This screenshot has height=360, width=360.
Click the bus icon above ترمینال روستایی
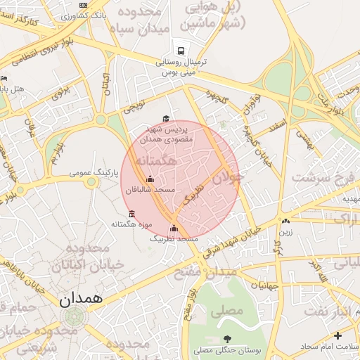click(180, 51)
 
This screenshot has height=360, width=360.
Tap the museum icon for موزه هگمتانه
click(131, 214)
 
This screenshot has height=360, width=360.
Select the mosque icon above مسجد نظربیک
click(174, 228)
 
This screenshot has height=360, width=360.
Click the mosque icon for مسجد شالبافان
click(149, 179)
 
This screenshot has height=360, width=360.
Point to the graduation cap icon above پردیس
click(166, 119)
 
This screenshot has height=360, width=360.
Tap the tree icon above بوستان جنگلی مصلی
click(226, 339)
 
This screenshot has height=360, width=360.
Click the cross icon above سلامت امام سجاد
click(337, 335)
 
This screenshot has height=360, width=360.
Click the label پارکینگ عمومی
click(94, 172)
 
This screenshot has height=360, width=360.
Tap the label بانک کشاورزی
click(108, 14)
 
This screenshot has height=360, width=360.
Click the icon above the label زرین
click(285, 221)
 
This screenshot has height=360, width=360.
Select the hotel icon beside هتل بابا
click(4, 79)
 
